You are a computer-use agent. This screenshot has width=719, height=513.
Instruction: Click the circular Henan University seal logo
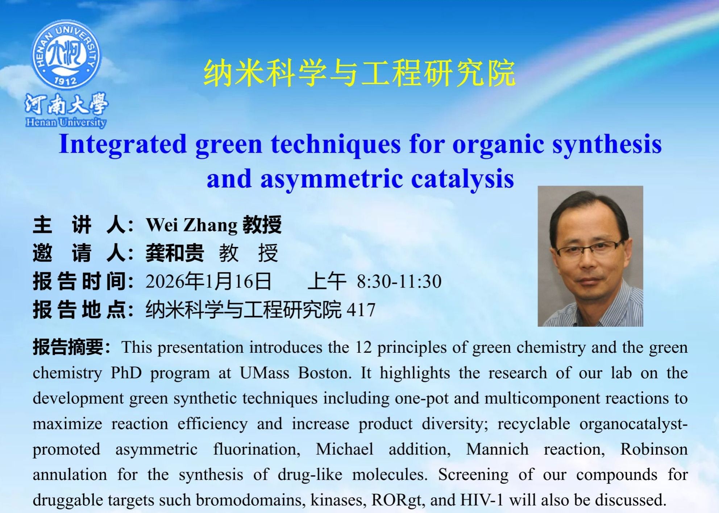[66, 55]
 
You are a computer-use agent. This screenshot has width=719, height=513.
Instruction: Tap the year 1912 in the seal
[66, 80]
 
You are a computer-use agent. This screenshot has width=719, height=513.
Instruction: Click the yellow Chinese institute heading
[359, 74]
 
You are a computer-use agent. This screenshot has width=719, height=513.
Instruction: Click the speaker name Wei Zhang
[191, 225]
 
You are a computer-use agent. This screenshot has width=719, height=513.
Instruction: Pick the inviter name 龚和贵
[175, 253]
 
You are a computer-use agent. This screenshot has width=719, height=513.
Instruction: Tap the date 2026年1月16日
[208, 281]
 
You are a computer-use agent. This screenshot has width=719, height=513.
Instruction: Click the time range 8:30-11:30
[399, 281]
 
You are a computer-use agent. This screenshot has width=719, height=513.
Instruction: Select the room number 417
[361, 310]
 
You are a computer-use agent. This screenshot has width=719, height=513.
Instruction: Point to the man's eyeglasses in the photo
[589, 249]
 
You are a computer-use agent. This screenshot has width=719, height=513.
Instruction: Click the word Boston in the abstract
[324, 373]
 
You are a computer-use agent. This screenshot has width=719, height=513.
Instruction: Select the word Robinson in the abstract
[654, 449]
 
